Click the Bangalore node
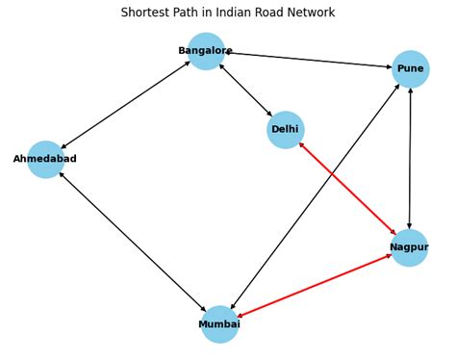point(206,51)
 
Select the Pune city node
point(410,68)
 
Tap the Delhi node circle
point(285,129)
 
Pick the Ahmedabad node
point(45,159)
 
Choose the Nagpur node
point(409,247)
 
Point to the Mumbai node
point(219,324)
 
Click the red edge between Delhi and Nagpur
point(347,189)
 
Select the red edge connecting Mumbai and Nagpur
point(315,286)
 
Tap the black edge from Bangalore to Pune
point(308,60)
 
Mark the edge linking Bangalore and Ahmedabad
point(125,105)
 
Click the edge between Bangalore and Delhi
point(245,90)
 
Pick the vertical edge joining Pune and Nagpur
point(410,158)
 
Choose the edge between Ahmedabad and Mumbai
point(133,242)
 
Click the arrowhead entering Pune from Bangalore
point(388,66)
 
